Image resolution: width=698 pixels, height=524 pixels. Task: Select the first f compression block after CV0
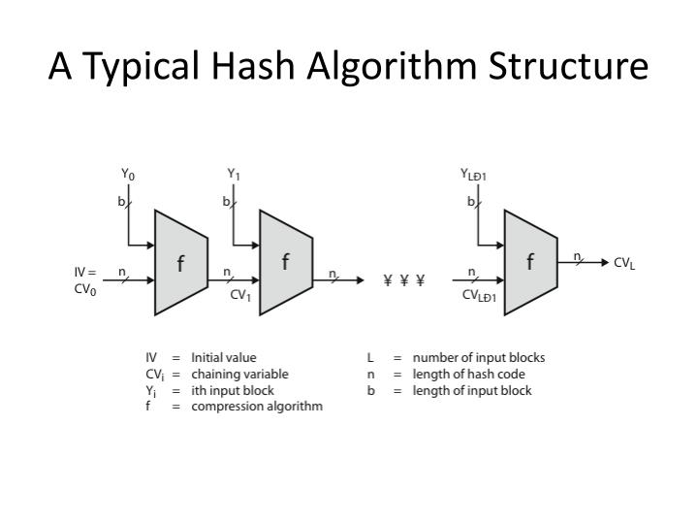coord(181,262)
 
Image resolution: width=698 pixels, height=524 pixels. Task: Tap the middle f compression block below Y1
coord(285,262)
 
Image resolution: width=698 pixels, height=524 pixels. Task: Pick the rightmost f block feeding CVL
coord(529,261)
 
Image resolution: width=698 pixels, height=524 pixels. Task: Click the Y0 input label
coord(128,175)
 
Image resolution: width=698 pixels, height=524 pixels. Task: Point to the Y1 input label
coord(234,175)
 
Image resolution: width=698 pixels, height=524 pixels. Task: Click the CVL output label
coord(624,263)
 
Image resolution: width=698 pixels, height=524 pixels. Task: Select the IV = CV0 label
coord(86,280)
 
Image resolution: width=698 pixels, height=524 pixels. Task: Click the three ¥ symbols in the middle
coord(404,281)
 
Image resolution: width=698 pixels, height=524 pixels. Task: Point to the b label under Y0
coord(121,203)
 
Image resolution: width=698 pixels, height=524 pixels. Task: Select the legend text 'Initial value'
coord(224,357)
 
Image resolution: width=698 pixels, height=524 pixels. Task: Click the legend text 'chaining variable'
coord(239,374)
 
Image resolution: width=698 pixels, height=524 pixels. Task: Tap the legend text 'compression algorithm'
coord(257,407)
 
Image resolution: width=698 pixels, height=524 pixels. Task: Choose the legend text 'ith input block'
coord(233,390)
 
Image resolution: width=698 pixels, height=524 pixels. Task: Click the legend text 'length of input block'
coord(472,390)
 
